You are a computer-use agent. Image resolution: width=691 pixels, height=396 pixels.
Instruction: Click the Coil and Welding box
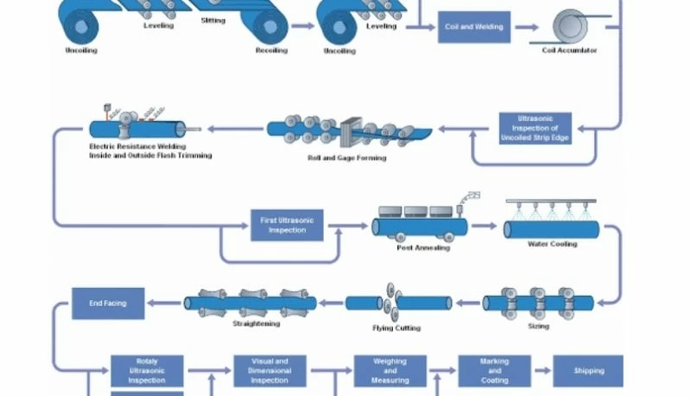[474, 27]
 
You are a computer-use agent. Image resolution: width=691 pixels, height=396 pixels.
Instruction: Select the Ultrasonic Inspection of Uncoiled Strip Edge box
[535, 128]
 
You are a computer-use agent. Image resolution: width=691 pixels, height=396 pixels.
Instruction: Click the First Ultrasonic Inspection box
[288, 225]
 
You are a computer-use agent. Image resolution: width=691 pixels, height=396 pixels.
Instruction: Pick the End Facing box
[108, 303]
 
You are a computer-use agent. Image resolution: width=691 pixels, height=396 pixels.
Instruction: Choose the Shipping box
[588, 371]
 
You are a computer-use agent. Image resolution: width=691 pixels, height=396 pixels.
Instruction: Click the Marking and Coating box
[494, 371]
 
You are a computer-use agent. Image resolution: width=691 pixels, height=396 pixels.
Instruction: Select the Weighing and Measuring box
[390, 371]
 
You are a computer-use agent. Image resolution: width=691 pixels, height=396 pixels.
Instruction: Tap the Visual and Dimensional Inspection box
[269, 371]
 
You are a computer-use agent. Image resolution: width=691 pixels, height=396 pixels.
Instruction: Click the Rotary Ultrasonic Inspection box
[147, 371]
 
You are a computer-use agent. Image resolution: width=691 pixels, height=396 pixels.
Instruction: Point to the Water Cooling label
[552, 244]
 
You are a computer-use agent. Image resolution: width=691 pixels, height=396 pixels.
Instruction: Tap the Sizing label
[537, 327]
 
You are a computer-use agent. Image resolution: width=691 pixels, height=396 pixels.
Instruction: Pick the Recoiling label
[270, 50]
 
